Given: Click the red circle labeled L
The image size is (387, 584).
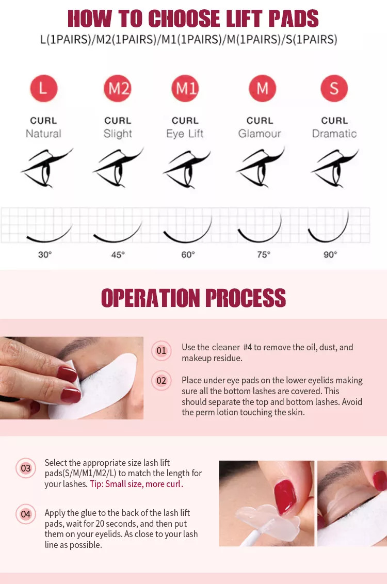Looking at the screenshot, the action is click(43, 89).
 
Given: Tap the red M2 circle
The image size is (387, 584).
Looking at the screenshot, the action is click(118, 89).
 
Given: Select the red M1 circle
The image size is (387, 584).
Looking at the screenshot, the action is click(185, 89).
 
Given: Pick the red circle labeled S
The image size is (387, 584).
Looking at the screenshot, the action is click(334, 89).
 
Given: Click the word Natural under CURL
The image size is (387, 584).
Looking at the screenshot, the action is click(43, 133).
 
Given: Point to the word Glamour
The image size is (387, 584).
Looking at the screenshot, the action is click(260, 133).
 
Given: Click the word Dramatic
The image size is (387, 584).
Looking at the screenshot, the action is click(334, 133).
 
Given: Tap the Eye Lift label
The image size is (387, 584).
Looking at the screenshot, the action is click(185, 133).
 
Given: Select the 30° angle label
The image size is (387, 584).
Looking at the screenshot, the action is click(45, 255).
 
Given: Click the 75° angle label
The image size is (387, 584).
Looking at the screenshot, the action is click(263, 255).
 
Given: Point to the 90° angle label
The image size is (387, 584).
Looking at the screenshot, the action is click(330, 255).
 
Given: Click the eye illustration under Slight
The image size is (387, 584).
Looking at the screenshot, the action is click(118, 168).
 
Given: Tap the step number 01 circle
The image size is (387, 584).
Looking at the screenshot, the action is click(162, 350).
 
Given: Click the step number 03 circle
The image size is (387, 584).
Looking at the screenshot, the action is click(26, 468).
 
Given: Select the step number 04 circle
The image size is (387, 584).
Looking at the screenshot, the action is click(26, 514).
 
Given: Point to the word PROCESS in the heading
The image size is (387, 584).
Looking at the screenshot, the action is click(246, 298).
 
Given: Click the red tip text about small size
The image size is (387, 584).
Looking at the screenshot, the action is click(136, 484).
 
